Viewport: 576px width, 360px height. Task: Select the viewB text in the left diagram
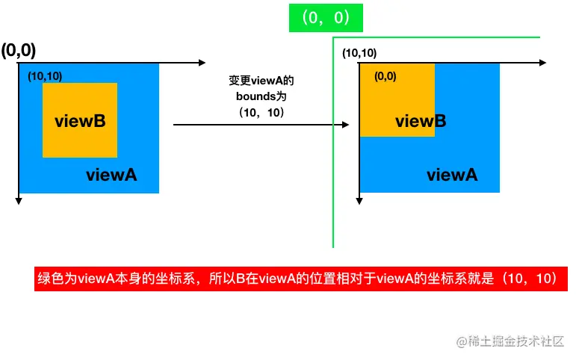click(x=78, y=121)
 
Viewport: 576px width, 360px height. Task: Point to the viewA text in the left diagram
click(x=111, y=175)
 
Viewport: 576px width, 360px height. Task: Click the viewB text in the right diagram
click(x=421, y=121)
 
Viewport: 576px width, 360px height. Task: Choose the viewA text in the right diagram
click(x=452, y=175)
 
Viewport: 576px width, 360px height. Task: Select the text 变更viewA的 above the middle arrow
click(x=256, y=81)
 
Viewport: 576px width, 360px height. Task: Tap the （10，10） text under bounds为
click(x=256, y=113)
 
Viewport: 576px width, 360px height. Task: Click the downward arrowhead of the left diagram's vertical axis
click(x=19, y=199)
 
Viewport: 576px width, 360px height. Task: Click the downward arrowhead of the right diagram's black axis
click(x=360, y=199)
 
